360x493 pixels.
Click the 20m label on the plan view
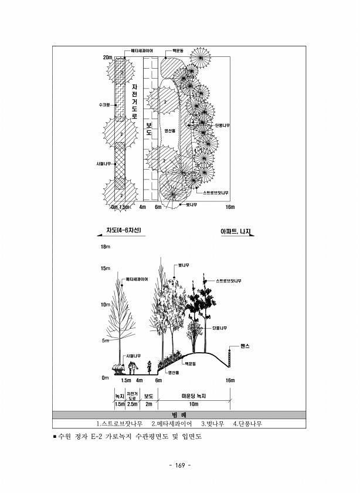tap(107, 58)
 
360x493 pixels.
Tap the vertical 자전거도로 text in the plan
tap(134, 101)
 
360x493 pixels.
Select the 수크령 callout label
tap(104, 105)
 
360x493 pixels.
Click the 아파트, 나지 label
tap(236, 232)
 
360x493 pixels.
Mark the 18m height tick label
tap(106, 247)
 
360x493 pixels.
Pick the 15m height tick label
tap(106, 269)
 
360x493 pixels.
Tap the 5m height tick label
tap(105, 341)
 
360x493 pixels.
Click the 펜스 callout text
tap(245, 346)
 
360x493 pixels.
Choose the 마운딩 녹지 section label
tap(194, 396)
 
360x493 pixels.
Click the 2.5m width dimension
tap(133, 404)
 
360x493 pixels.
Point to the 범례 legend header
tap(179, 415)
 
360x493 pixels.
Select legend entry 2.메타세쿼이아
tap(172, 424)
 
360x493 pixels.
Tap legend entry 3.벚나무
tap(213, 424)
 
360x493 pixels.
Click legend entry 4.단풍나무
tap(247, 424)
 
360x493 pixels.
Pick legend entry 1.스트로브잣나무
tap(120, 424)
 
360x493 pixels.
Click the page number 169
tap(180, 465)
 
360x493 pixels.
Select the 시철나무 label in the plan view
tap(103, 164)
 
